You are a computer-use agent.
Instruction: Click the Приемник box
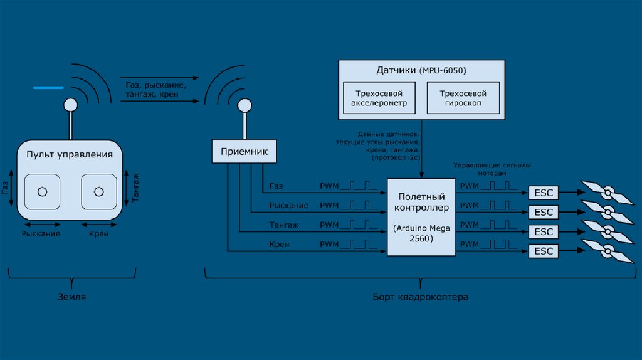[244, 151]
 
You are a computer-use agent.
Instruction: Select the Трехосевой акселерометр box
[379, 98]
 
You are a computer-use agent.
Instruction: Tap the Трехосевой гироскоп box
[464, 98]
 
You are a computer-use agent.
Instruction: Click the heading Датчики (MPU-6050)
[421, 69]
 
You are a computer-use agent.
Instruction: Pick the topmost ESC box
[544, 192]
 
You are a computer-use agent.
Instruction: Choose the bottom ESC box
[544, 251]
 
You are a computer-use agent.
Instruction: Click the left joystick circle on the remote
[42, 191]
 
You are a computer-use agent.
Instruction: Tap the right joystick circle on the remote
[98, 191]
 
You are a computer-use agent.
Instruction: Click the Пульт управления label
[70, 154]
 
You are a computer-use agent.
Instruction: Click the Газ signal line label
[276, 186]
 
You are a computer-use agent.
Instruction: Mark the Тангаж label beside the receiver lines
[284, 225]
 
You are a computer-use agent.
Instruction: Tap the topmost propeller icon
[606, 191]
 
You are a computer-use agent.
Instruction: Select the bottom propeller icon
[606, 252]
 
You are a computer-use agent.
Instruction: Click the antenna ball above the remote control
[71, 104]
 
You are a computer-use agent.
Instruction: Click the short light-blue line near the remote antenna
[48, 88]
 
